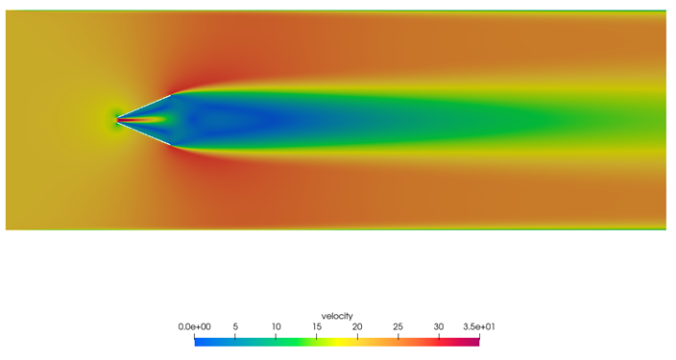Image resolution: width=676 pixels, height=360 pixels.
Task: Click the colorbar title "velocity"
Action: (x=337, y=316)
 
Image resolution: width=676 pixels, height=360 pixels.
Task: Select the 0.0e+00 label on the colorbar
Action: (x=194, y=326)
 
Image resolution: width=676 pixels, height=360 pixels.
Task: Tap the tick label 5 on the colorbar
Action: (x=235, y=326)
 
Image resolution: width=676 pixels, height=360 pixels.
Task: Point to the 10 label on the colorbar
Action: (x=276, y=326)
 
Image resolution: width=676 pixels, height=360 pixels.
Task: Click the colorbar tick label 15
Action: (x=317, y=326)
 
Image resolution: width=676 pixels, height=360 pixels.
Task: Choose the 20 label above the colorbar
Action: (x=357, y=326)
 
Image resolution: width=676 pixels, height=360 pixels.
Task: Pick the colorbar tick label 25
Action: (x=398, y=326)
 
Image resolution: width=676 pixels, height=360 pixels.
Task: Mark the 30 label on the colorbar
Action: (x=439, y=326)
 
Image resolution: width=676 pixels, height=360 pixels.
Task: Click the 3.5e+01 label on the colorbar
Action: (x=479, y=326)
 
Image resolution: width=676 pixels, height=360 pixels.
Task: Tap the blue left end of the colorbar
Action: (x=197, y=342)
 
